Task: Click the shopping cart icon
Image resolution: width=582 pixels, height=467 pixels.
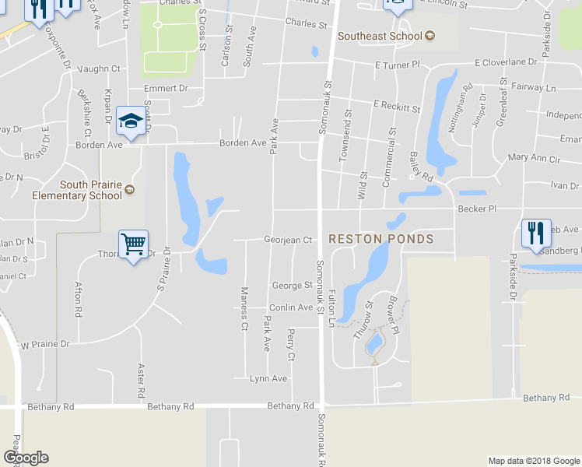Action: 133,244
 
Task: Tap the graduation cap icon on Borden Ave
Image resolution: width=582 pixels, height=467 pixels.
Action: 131,121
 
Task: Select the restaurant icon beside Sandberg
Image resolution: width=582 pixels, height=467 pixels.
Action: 536,233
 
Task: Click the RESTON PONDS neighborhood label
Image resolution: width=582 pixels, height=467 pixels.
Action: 380,239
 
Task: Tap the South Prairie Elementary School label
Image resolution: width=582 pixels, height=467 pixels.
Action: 77,191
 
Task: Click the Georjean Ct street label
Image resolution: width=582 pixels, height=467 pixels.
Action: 288,241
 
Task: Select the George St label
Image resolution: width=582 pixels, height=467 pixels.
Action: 292,286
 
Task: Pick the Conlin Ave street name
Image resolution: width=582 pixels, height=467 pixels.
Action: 290,307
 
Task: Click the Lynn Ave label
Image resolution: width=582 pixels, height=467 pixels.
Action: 268,379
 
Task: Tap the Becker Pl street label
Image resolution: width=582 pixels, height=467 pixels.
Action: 477,209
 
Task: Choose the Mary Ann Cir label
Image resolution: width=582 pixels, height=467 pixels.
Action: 534,158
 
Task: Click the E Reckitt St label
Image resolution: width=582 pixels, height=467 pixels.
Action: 397,104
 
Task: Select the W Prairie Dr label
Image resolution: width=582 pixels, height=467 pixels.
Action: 44,343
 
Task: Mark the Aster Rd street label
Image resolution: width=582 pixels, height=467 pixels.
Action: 141,377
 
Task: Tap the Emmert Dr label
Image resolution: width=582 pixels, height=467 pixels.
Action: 167,89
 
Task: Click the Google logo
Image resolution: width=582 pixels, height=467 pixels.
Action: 26,458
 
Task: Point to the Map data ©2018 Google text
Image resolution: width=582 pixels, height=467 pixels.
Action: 533,461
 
